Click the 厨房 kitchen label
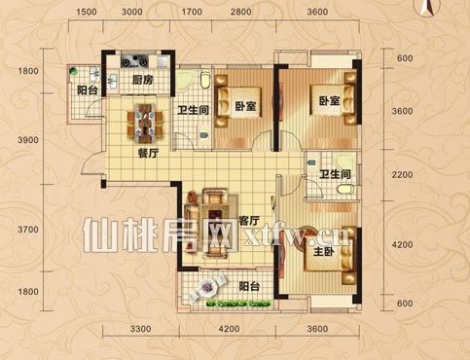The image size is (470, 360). click(x=142, y=80)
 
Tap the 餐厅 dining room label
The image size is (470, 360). click(x=149, y=153)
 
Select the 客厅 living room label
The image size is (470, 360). click(x=249, y=221)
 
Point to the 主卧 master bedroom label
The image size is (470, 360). click(x=324, y=251)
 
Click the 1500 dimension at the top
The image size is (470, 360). click(x=87, y=12)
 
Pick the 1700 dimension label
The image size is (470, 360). click(x=192, y=12)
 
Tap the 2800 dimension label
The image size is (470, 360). click(x=241, y=12)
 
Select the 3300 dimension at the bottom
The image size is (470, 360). click(x=141, y=329)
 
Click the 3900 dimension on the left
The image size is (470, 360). click(x=28, y=140)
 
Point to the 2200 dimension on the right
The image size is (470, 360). click(x=402, y=175)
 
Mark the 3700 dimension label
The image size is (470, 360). click(x=28, y=230)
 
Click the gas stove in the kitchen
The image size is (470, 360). click(x=134, y=60)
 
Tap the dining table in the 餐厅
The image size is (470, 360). click(x=145, y=123)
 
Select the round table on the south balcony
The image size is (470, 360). click(x=206, y=288)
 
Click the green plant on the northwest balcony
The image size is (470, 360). click(x=74, y=71)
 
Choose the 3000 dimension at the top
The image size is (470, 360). click(x=132, y=12)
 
